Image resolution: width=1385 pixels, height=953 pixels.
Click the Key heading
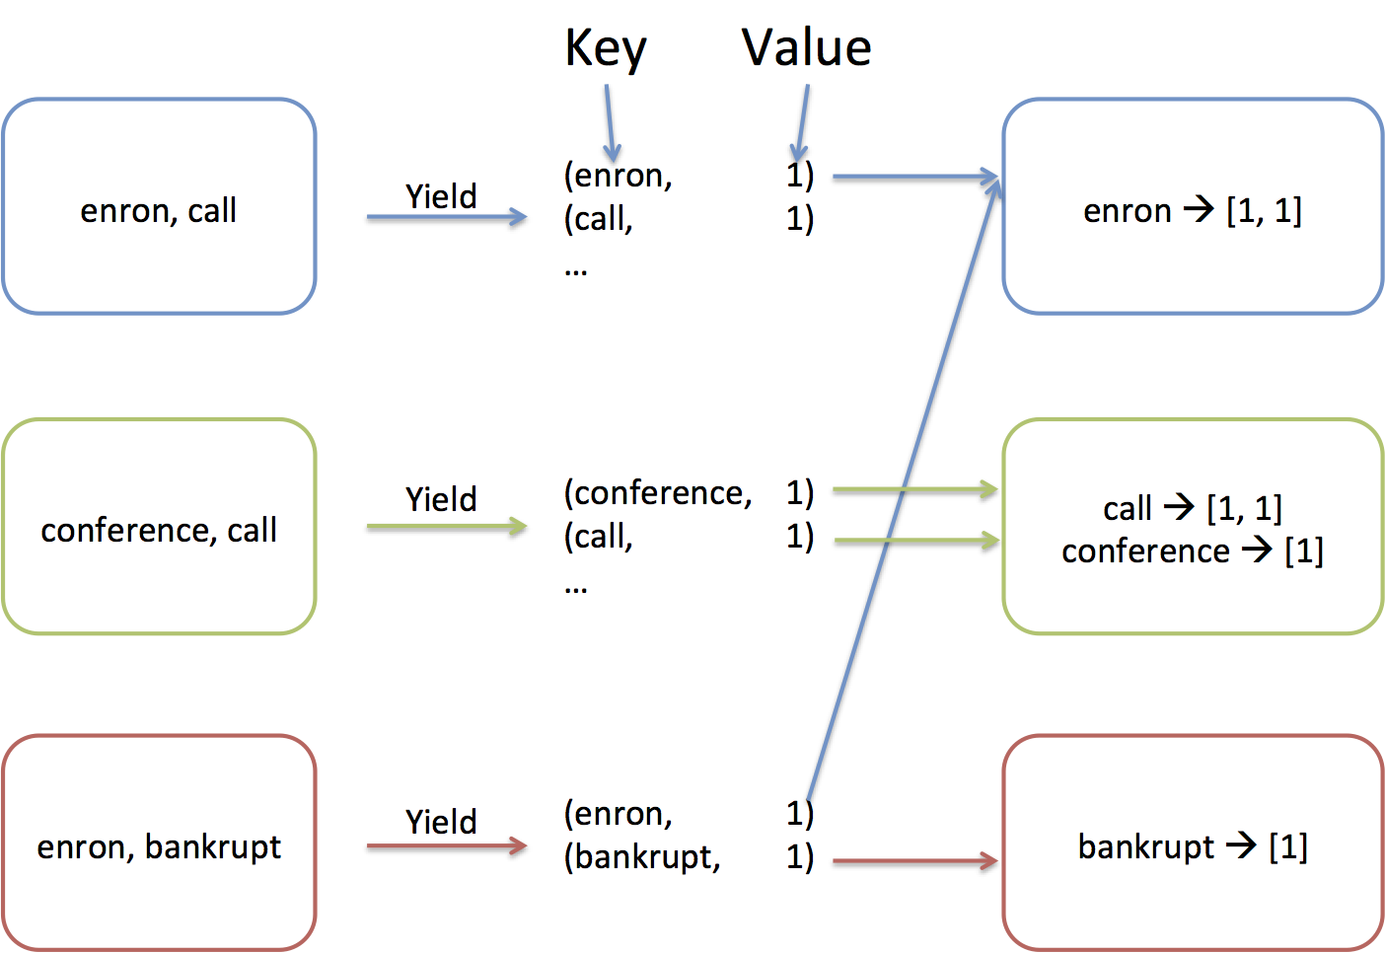pyautogui.click(x=606, y=49)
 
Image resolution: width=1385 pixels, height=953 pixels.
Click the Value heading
pyautogui.click(x=806, y=47)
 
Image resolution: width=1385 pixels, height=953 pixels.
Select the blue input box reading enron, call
pyautogui.click(x=159, y=206)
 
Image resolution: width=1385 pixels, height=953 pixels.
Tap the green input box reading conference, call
pyautogui.click(x=159, y=526)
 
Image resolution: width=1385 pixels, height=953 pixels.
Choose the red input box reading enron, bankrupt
pyautogui.click(x=159, y=843)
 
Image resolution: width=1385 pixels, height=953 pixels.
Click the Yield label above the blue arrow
pyautogui.click(x=441, y=196)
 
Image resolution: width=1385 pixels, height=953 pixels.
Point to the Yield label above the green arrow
pyautogui.click(x=441, y=499)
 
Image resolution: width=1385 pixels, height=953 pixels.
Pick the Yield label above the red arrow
pyautogui.click(x=441, y=822)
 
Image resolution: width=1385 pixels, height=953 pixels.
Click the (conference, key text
pyautogui.click(x=658, y=494)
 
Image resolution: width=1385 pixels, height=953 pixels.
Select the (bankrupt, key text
pyautogui.click(x=642, y=857)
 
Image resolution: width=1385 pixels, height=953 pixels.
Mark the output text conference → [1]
pyautogui.click(x=1193, y=551)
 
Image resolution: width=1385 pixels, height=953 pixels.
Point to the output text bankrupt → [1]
pyautogui.click(x=1193, y=846)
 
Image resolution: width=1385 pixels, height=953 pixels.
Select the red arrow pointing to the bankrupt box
pyautogui.click(x=915, y=860)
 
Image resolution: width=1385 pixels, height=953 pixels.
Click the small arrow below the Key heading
pyautogui.click(x=611, y=123)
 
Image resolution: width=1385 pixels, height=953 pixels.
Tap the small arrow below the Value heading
pyautogui.click(x=802, y=123)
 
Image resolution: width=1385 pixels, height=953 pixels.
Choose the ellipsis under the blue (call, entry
pyautogui.click(x=576, y=272)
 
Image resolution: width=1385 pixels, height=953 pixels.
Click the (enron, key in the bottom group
pyautogui.click(x=618, y=814)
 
